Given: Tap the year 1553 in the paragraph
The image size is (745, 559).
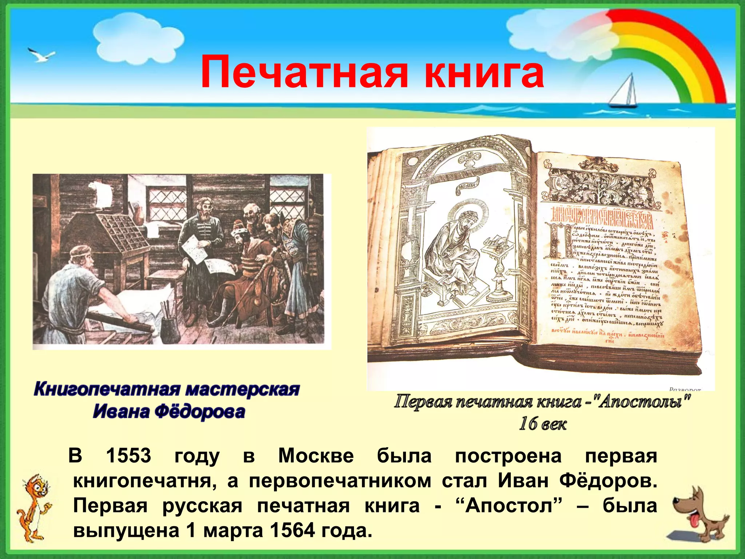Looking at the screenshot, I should coord(128,456).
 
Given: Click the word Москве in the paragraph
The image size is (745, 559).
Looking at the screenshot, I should coord(316,456).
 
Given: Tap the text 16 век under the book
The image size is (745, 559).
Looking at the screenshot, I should coord(542,424).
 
